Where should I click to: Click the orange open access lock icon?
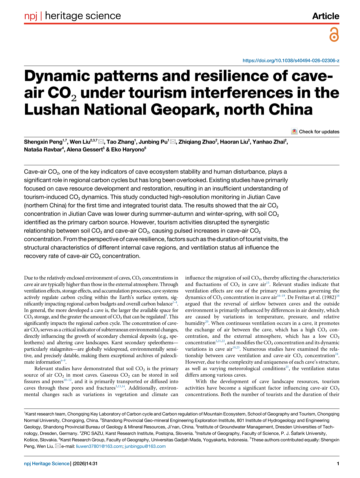(x=334, y=34)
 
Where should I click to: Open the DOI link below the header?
(x=291, y=60)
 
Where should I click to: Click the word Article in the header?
(x=325, y=16)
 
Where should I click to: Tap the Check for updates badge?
(x=315, y=132)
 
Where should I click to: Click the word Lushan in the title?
(x=52, y=110)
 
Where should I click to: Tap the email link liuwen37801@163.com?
(x=99, y=446)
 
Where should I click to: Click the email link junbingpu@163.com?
(x=145, y=446)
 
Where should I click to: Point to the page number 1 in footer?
(x=338, y=464)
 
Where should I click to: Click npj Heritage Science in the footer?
(x=47, y=464)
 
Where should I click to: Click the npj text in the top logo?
(x=31, y=16)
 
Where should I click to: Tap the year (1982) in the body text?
(x=327, y=297)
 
